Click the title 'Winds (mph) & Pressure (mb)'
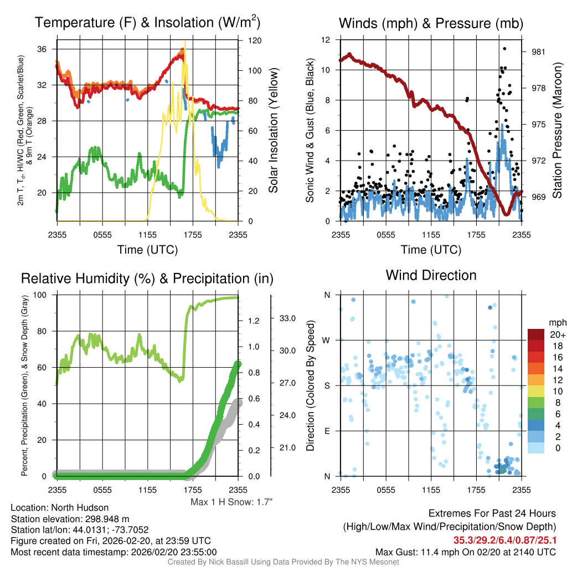pyautogui.click(x=431, y=23)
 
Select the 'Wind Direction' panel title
pyautogui.click(x=431, y=275)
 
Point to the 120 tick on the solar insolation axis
pyautogui.click(x=255, y=40)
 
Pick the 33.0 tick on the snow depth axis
pyautogui.click(x=287, y=318)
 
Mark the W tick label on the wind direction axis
pyautogui.click(x=327, y=339)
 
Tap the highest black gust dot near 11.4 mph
pyautogui.click(x=504, y=49)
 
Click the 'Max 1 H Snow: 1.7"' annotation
pyautogui.click(x=231, y=502)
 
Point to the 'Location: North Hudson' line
pyautogui.click(x=60, y=508)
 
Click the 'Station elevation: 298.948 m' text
pyautogui.click(x=70, y=519)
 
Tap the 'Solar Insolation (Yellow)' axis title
pyautogui.click(x=273, y=130)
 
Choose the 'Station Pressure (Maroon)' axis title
pyautogui.click(x=557, y=130)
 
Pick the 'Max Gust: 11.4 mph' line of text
pyautogui.click(x=466, y=551)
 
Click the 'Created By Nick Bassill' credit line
pyautogui.click(x=283, y=562)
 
